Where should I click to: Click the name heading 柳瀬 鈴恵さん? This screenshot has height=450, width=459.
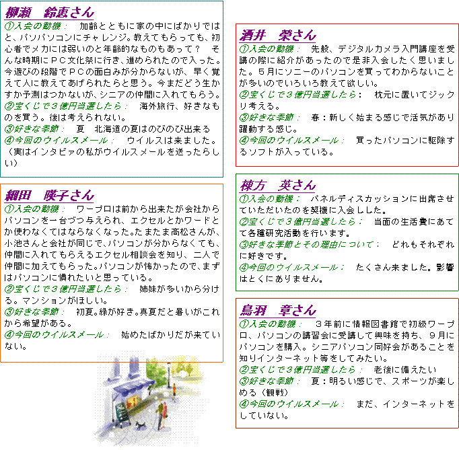(50, 13)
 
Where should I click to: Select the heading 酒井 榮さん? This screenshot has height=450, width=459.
(278, 36)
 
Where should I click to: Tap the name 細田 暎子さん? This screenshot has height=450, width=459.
(50, 196)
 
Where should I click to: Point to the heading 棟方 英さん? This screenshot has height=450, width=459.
(278, 186)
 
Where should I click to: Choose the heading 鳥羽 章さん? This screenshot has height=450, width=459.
(278, 311)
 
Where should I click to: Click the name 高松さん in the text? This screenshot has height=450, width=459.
(192, 232)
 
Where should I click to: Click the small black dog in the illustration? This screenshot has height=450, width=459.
(140, 425)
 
